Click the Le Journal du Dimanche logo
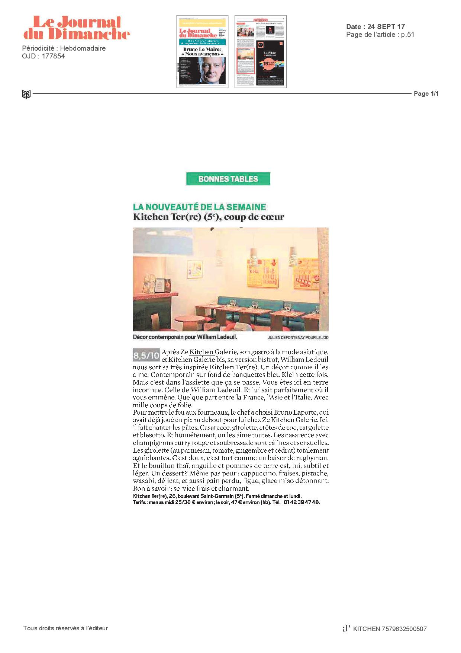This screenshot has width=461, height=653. pyautogui.click(x=77, y=28)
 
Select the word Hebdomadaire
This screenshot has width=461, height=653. pyautogui.click(x=83, y=48)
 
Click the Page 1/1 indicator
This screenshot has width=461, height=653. pyautogui.click(x=426, y=93)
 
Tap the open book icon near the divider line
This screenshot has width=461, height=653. pyautogui.click(x=26, y=94)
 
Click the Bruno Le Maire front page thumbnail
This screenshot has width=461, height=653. pyautogui.click(x=202, y=51)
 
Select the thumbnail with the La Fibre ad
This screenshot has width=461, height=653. pyautogui.click(x=260, y=51)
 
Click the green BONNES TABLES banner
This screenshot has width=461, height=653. pyautogui.click(x=228, y=179)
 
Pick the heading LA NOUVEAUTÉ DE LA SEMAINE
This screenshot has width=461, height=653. pyautogui.click(x=200, y=207)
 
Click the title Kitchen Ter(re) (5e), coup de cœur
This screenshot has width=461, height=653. pyautogui.click(x=209, y=217)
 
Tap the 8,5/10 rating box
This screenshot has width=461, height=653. pyautogui.click(x=146, y=356)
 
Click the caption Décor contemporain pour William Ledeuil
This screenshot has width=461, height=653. pyautogui.click(x=185, y=337)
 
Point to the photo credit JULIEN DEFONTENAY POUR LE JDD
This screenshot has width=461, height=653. pyautogui.click(x=298, y=338)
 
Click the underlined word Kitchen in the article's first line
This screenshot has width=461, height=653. pyautogui.click(x=201, y=351)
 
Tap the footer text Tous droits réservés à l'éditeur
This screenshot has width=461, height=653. pyautogui.click(x=65, y=628)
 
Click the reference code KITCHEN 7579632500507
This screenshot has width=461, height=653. pyautogui.click(x=390, y=629)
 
